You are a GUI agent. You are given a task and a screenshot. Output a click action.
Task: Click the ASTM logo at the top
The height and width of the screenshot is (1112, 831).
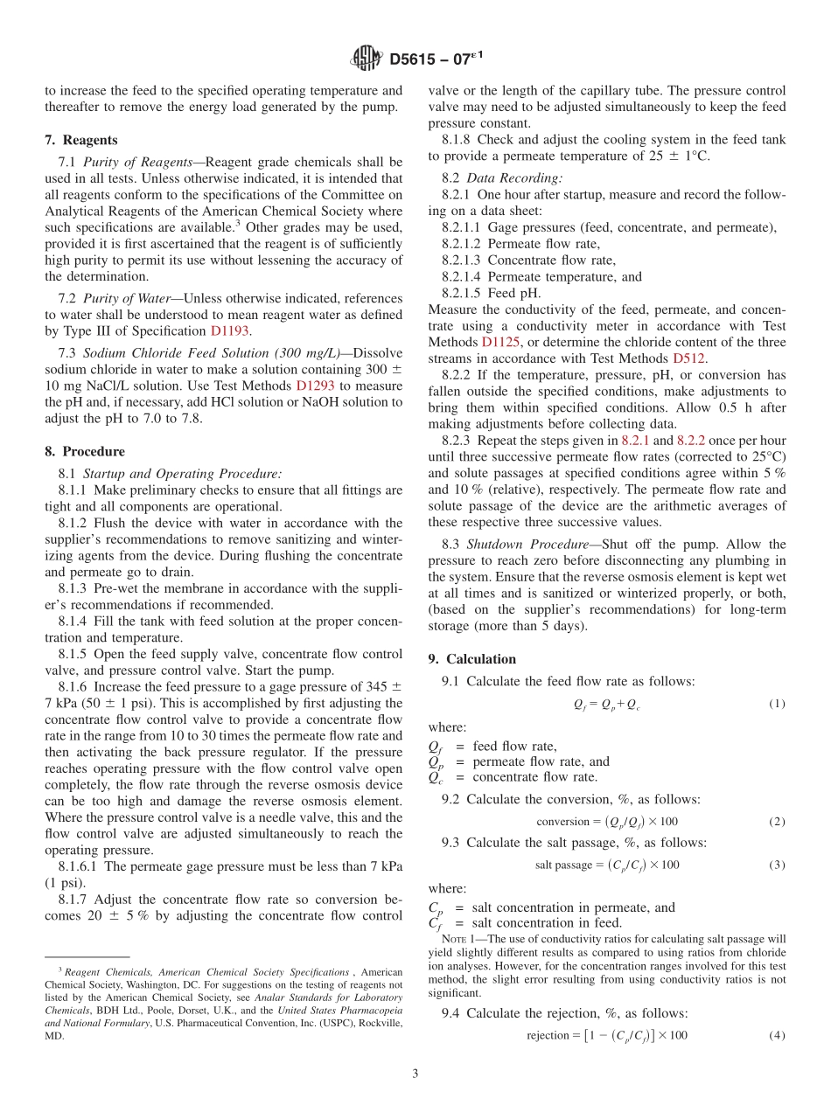(366, 59)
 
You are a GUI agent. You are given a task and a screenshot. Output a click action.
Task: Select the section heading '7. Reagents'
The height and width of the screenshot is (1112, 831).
(81, 140)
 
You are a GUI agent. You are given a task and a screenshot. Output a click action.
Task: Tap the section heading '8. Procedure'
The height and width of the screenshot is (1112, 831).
(85, 451)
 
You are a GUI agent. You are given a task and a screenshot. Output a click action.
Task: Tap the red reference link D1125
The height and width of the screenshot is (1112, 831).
(498, 342)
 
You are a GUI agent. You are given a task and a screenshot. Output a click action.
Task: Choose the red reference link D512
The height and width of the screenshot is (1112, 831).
(689, 358)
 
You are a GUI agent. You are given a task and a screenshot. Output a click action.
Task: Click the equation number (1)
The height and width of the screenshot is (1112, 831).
(777, 704)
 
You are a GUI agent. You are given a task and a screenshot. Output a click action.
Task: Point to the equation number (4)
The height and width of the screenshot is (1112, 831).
(777, 1036)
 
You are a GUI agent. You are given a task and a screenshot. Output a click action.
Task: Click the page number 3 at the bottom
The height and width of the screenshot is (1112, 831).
(415, 1074)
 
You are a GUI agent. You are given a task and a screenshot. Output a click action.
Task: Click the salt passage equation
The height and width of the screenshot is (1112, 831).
(607, 865)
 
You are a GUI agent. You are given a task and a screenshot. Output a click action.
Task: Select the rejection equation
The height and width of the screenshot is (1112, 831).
(607, 1036)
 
